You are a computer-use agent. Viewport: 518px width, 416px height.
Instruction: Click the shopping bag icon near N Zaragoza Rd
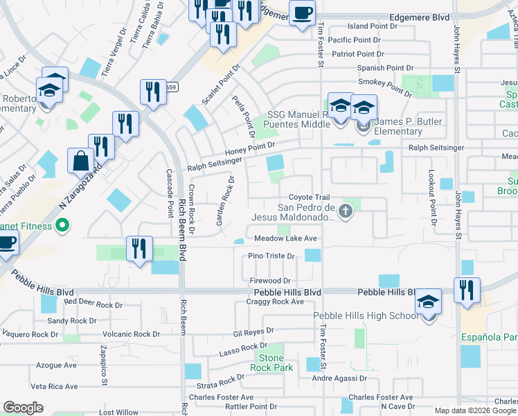(x=81, y=160)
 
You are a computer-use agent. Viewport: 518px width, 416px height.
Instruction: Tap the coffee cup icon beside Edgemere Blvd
(x=302, y=14)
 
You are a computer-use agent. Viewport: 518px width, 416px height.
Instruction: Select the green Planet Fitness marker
(x=62, y=226)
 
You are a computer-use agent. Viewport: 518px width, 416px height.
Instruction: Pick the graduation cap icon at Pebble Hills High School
(x=429, y=302)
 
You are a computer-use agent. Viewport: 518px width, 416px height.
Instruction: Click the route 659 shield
(x=171, y=87)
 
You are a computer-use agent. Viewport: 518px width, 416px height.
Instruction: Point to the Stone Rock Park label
(x=272, y=362)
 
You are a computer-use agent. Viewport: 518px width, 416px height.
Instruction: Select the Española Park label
(x=489, y=338)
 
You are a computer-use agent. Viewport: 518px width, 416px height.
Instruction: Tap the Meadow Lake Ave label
(x=285, y=238)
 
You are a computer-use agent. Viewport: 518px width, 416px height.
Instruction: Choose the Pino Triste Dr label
(x=271, y=256)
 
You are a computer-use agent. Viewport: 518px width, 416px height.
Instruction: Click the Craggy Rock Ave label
(x=278, y=302)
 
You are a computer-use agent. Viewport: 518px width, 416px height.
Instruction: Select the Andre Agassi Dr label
(x=339, y=379)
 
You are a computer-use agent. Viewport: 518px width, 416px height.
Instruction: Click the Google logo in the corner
(x=23, y=408)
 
